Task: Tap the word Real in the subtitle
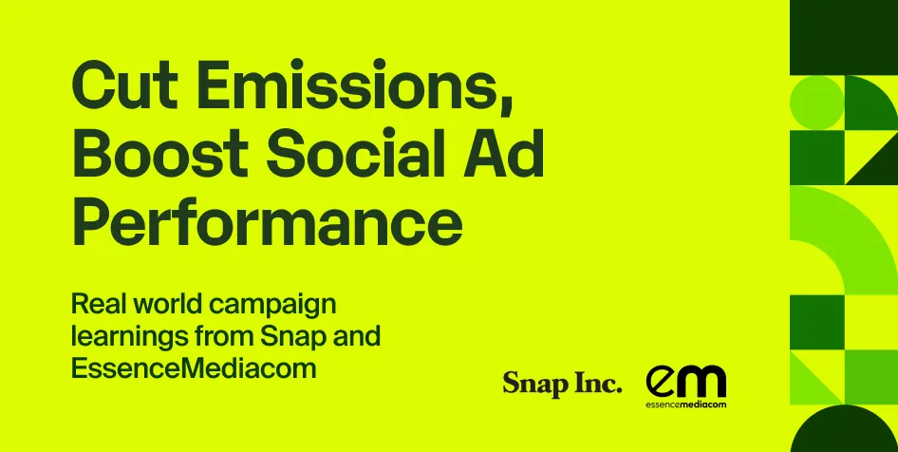[x=98, y=306]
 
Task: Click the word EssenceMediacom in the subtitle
[x=194, y=368]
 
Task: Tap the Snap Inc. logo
[x=562, y=385]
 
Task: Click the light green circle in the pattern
[x=816, y=103]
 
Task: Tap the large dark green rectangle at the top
[x=844, y=36]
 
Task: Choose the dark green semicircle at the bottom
[x=844, y=429]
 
